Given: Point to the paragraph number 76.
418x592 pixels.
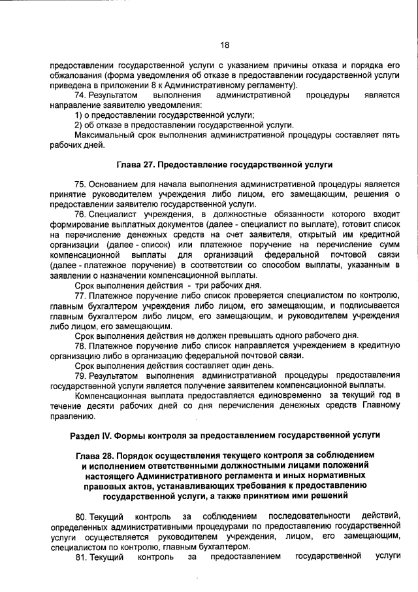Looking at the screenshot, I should tap(81, 214).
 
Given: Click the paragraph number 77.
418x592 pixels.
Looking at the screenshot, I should tap(81, 295).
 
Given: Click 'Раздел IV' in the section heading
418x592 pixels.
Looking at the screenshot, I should tap(91, 435).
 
